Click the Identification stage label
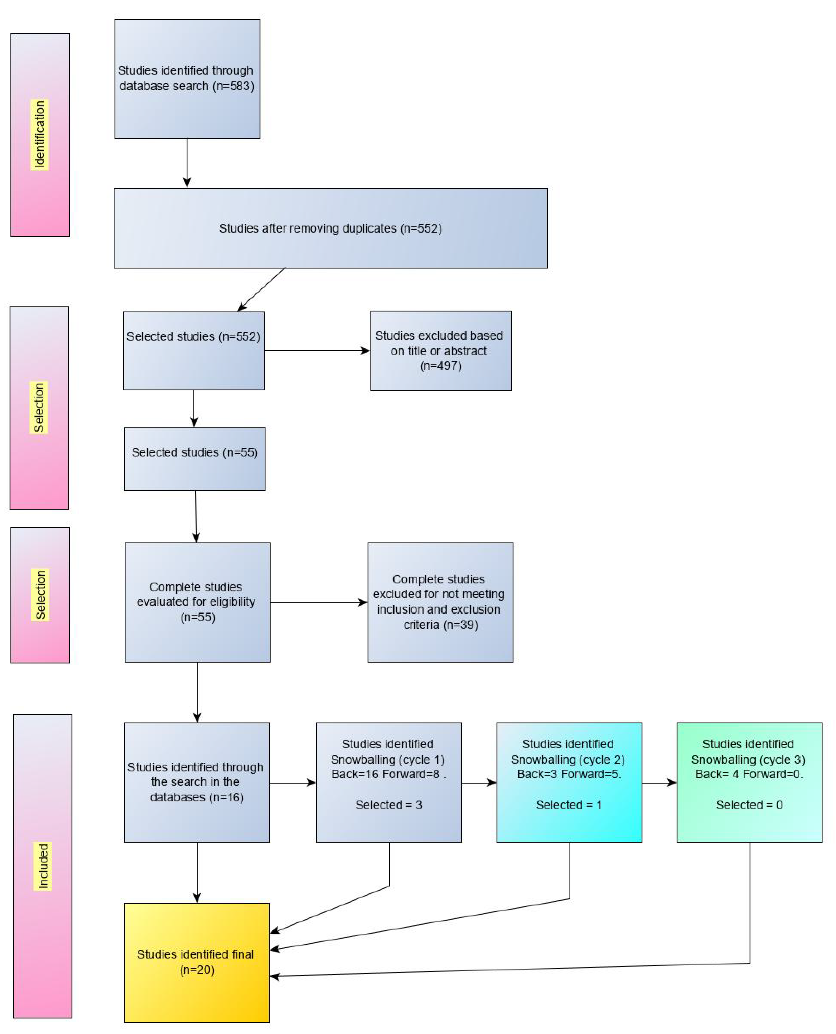point(40,135)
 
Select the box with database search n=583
point(187,79)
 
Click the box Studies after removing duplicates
point(330,228)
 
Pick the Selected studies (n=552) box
point(194,351)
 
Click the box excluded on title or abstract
point(440,351)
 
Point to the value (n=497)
point(440,366)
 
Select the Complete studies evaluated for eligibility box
point(197,602)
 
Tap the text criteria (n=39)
point(440,625)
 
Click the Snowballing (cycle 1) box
point(389,782)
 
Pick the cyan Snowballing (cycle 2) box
point(569,782)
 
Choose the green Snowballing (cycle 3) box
point(749,782)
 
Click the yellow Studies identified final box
point(196,962)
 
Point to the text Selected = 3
point(389,805)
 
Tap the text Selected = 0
point(749,805)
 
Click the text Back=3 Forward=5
point(569,774)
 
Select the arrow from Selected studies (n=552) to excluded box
point(317,351)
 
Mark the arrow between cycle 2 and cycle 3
point(659,783)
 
